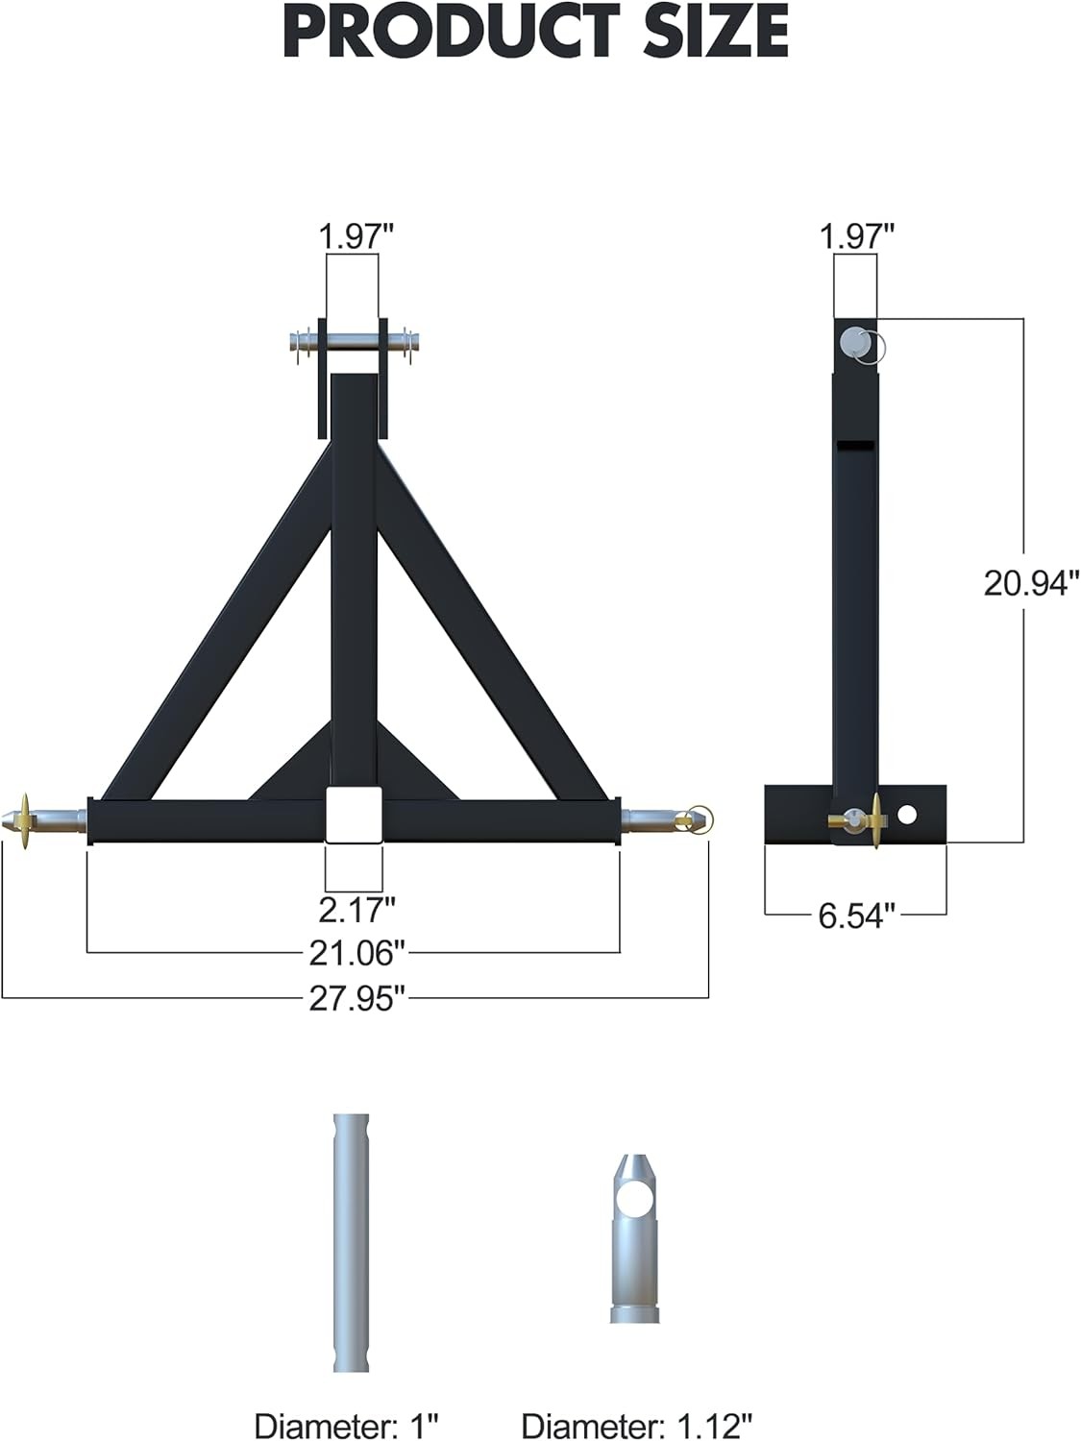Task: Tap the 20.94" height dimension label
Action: click(1031, 582)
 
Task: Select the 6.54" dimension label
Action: click(856, 916)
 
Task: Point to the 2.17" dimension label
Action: click(356, 907)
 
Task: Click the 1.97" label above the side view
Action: click(857, 236)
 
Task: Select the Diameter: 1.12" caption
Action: click(637, 1426)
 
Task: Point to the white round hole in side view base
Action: click(906, 816)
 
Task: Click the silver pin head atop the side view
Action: click(853, 342)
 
